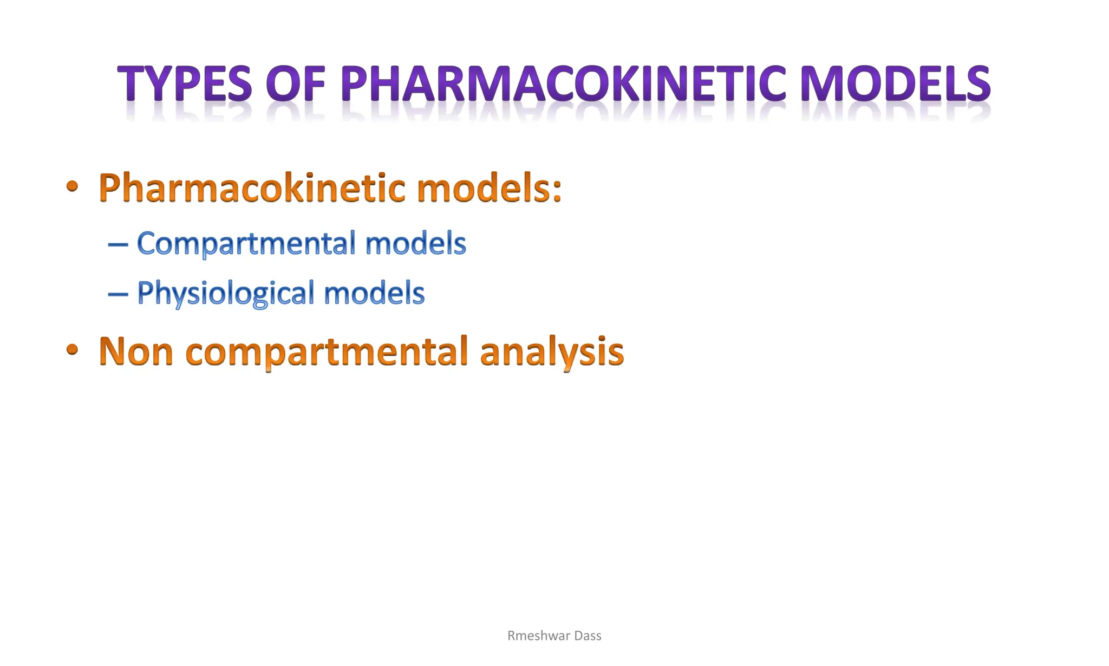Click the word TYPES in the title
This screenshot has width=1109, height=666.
pyautogui.click(x=185, y=84)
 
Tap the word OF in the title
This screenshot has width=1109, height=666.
pyautogui.click(x=296, y=84)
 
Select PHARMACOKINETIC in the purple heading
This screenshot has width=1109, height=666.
pyautogui.click(x=563, y=84)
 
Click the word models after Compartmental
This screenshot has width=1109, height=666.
pyautogui.click(x=415, y=243)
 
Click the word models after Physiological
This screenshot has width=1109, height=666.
pyautogui.click(x=374, y=293)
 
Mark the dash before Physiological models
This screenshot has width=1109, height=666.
pyautogui.click(x=118, y=295)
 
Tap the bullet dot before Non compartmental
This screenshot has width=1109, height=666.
pyautogui.click(x=72, y=350)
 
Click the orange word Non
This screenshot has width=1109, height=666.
pyautogui.click(x=136, y=351)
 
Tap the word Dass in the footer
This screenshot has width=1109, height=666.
pyautogui.click(x=588, y=636)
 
